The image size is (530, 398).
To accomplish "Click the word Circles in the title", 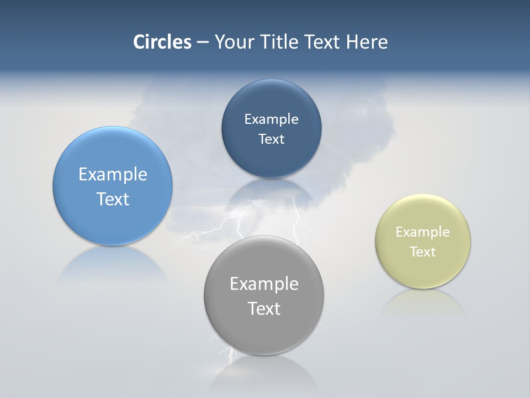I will pos(162,42).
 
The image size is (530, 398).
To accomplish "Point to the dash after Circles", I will pos(203,43).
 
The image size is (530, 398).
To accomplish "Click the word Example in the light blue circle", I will pos(113,175).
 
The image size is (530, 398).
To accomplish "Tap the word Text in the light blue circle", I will pos(113,199).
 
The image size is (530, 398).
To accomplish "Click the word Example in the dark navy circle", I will pos(271,119).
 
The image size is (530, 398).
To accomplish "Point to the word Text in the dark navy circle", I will pos(271,139).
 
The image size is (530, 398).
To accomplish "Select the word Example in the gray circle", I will pos(264,284).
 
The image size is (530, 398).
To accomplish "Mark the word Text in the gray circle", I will pos(264,308).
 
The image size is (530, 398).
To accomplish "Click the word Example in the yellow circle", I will pos(423,232).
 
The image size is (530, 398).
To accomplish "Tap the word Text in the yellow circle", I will pos(423,252).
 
